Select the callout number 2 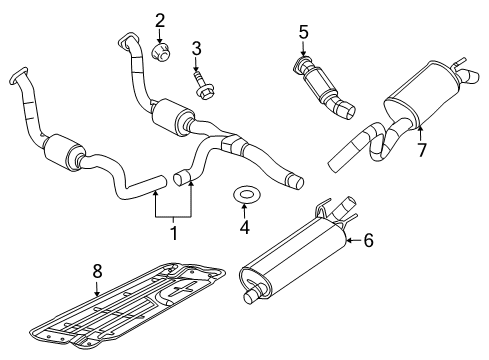(159, 19)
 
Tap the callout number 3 (196, 47)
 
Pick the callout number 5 (303, 31)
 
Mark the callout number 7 (421, 150)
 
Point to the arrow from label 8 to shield (96, 288)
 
